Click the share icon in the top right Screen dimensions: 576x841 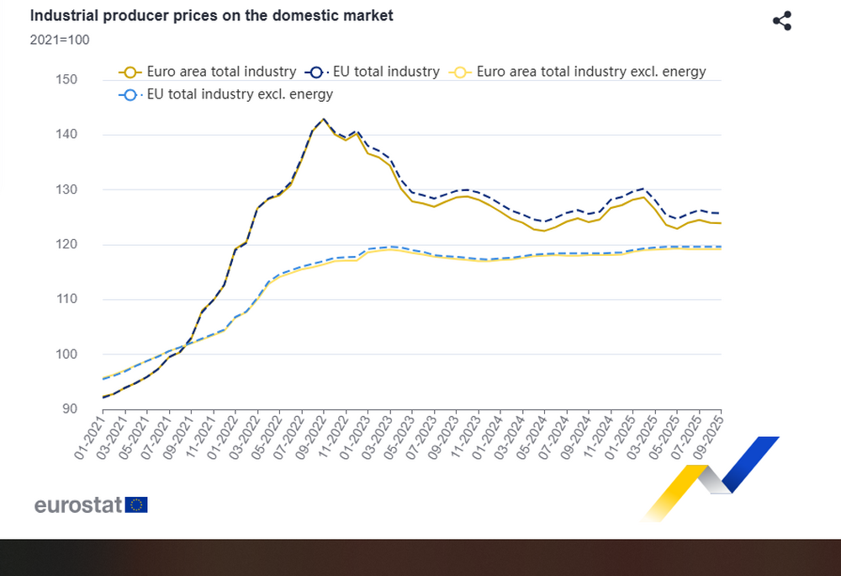782,21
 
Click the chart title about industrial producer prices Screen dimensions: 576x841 211,16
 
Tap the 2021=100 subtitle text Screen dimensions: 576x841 59,39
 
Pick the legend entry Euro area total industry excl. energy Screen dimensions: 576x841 579,72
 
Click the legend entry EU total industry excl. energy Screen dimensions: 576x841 228,94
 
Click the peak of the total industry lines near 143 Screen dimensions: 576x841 324,119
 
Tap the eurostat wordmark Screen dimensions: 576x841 79,505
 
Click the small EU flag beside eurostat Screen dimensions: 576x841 137,505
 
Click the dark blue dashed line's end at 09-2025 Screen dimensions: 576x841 720,213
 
